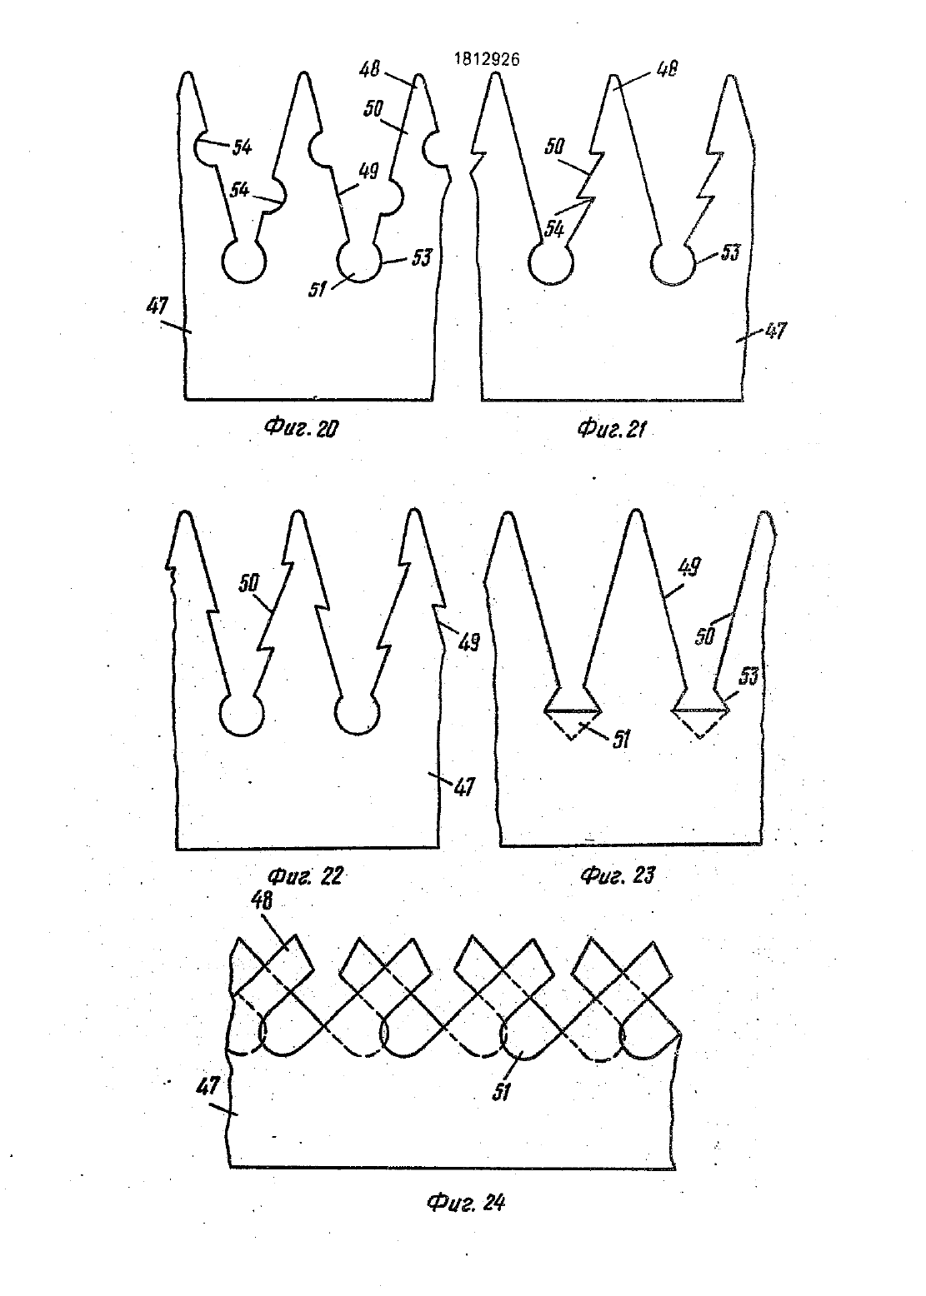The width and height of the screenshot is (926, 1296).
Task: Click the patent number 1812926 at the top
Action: pyautogui.click(x=487, y=59)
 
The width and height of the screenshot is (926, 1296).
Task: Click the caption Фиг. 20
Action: pyautogui.click(x=302, y=428)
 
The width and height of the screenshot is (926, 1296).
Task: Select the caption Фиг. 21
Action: pyautogui.click(x=611, y=429)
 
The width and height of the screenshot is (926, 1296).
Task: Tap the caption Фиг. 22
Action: pyautogui.click(x=307, y=875)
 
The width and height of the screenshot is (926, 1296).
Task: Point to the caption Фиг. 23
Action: pyautogui.click(x=618, y=875)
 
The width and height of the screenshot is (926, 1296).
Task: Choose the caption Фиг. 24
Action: pyautogui.click(x=466, y=1203)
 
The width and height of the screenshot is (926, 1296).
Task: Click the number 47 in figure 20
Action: pyautogui.click(x=157, y=306)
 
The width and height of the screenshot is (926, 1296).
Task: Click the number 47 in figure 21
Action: pyautogui.click(x=775, y=331)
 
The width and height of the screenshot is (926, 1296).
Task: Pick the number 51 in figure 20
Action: pyautogui.click(x=318, y=289)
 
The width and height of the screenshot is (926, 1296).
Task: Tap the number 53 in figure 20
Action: pyautogui.click(x=422, y=257)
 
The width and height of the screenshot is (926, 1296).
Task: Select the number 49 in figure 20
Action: pyautogui.click(x=369, y=172)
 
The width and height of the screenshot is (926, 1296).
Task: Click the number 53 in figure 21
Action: pyautogui.click(x=729, y=252)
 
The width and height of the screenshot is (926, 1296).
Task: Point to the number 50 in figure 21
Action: pyautogui.click(x=554, y=147)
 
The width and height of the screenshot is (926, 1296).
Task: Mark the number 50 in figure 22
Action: pyautogui.click(x=249, y=583)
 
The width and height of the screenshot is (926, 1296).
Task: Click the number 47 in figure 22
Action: pyautogui.click(x=464, y=787)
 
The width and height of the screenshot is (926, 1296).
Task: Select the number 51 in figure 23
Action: pyautogui.click(x=620, y=740)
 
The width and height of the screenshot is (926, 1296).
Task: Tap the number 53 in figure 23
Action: pyautogui.click(x=748, y=675)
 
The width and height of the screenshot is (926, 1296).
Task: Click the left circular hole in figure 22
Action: pyautogui.click(x=222, y=715)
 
